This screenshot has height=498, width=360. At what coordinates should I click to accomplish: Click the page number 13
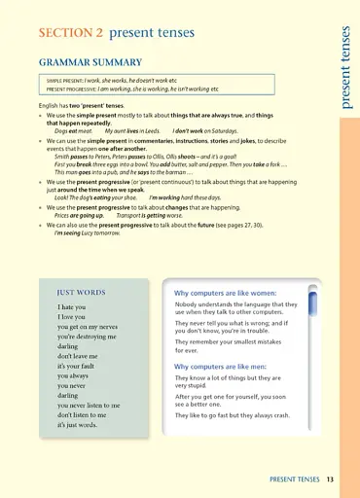pos(331,479)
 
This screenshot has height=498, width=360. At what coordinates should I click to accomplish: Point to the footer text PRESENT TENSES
pos(296,479)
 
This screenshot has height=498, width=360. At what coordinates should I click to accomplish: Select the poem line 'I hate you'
pos(72,307)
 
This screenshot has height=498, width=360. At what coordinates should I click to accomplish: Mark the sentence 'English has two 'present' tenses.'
pos(83,104)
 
